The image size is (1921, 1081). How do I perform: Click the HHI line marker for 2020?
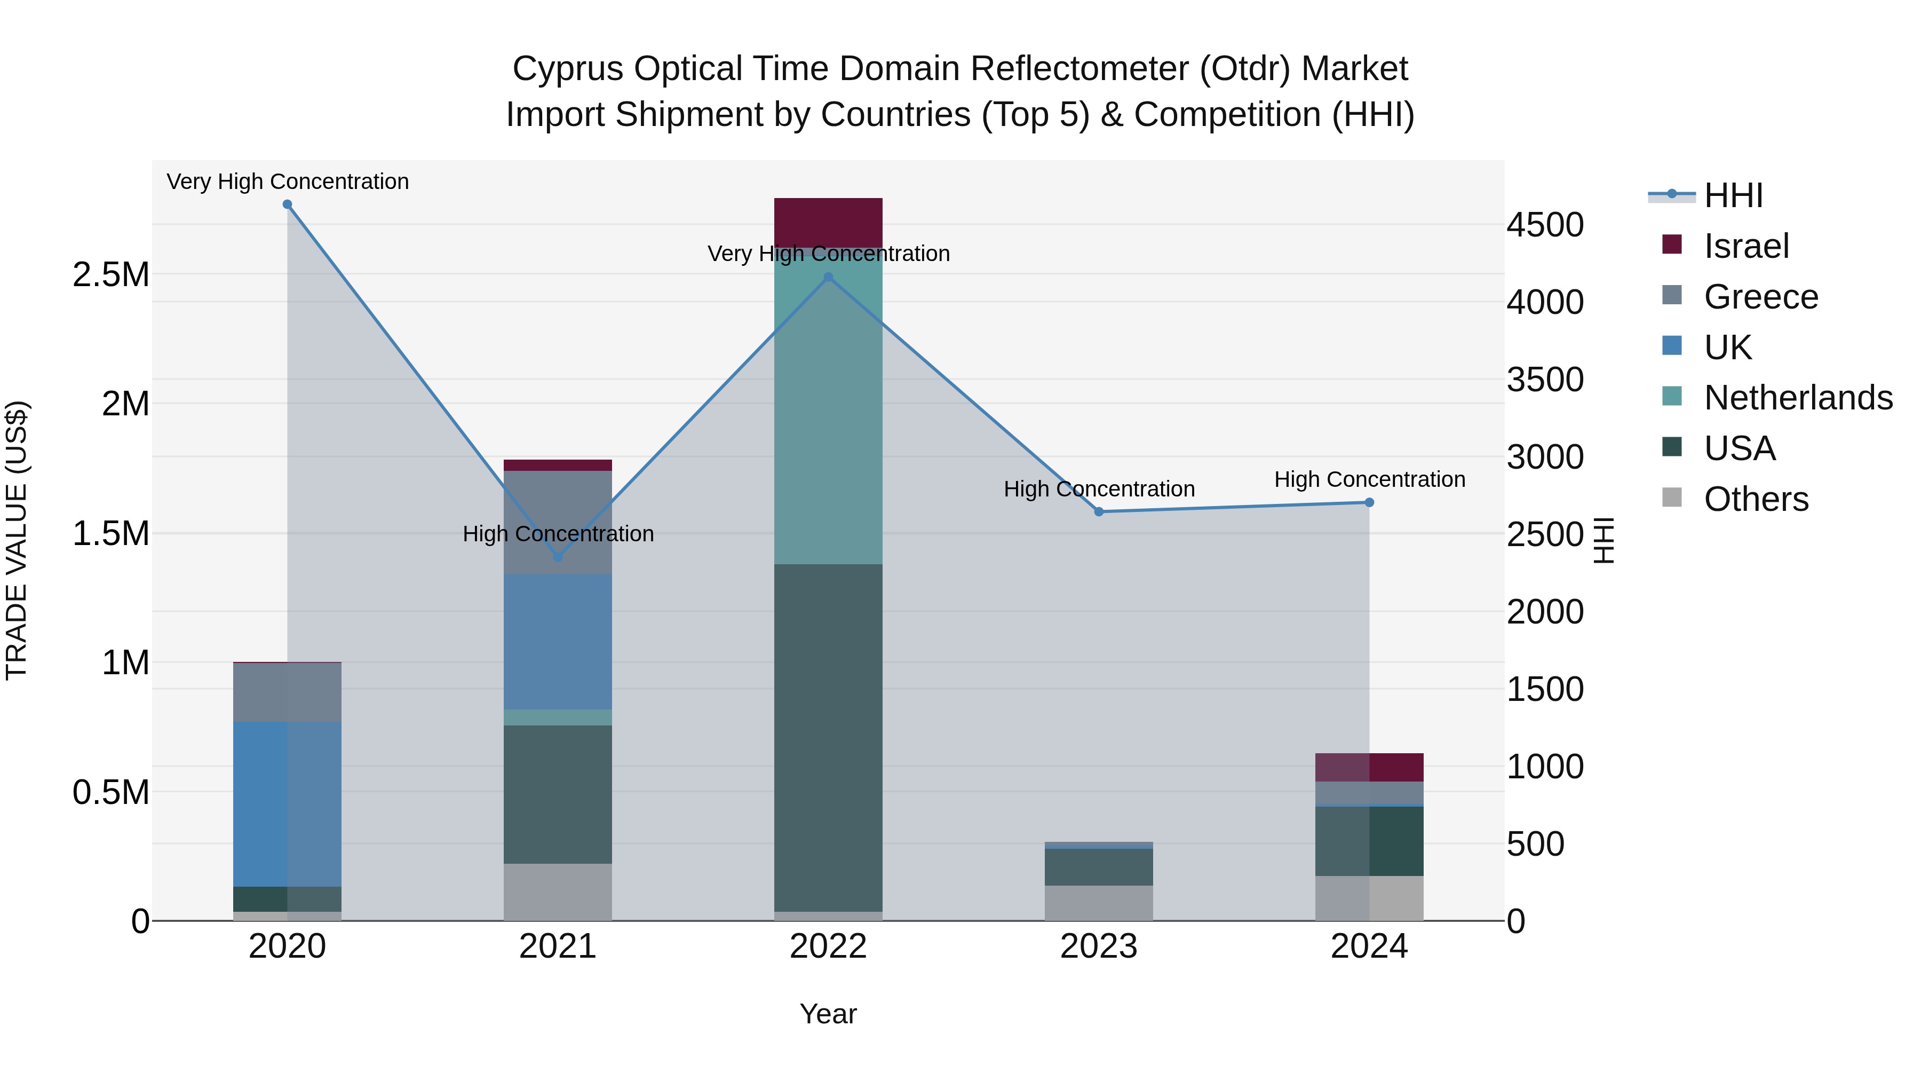287,204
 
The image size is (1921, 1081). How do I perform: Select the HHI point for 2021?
558,557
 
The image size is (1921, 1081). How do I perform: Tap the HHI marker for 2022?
828,278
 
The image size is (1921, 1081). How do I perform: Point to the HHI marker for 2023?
1099,512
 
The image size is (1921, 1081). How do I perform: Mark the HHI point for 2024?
1369,503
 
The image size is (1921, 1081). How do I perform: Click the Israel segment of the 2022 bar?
828,222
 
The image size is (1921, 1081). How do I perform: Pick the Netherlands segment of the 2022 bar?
828,407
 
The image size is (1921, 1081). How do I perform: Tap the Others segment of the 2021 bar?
558,891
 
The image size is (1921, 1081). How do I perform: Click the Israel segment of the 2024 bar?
1369,767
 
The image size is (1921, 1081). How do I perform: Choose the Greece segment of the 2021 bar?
558,522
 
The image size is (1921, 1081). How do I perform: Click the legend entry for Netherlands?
1798,398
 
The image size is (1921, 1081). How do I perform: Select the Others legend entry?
1756,499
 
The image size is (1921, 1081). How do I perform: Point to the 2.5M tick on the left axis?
111,274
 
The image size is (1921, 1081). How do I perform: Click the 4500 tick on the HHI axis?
1545,225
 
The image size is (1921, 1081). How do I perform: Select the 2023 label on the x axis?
1099,946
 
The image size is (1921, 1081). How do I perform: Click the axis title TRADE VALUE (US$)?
17,540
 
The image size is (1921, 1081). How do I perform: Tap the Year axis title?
828,1014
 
